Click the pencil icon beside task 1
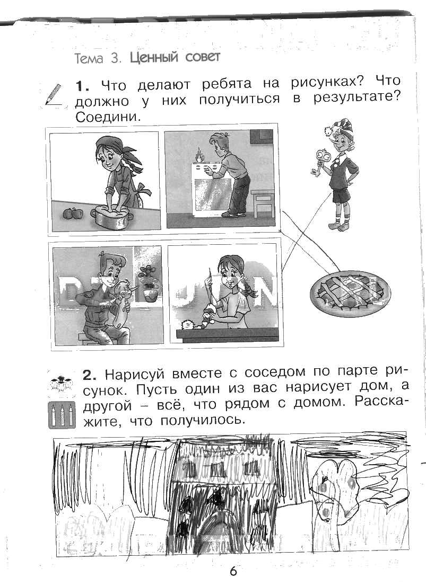pyautogui.click(x=54, y=95)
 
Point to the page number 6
pyautogui.click(x=233, y=571)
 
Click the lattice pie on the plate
pyautogui.click(x=350, y=291)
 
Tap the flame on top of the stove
pyautogui.click(x=198, y=154)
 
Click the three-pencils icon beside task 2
pyautogui.click(x=62, y=415)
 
